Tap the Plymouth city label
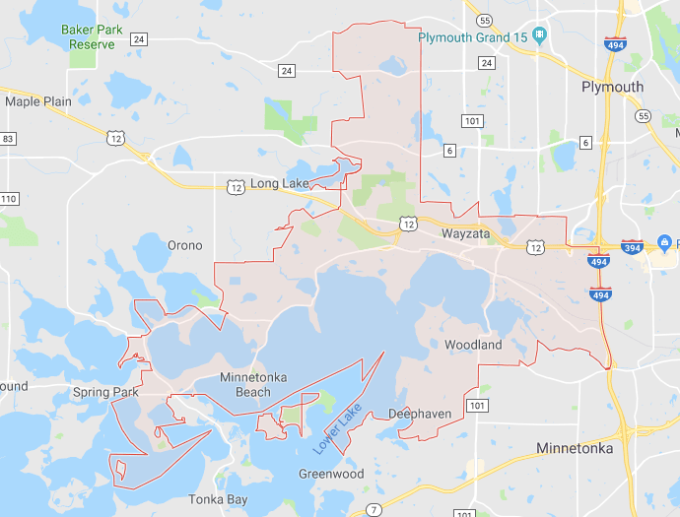pos(612,87)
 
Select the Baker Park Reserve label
pos(92,36)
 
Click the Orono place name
pos(185,245)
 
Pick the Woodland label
pos(473,345)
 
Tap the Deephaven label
pos(420,414)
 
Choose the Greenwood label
pos(331,474)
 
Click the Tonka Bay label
pos(219,498)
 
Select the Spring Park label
pos(104,392)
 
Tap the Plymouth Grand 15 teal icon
pos(539,37)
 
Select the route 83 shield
pos(8,139)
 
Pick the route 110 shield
pos(9,199)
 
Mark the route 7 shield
pos(374,509)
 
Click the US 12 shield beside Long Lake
pos(235,184)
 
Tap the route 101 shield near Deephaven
pos(477,406)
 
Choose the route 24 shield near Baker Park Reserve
pos(139,39)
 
